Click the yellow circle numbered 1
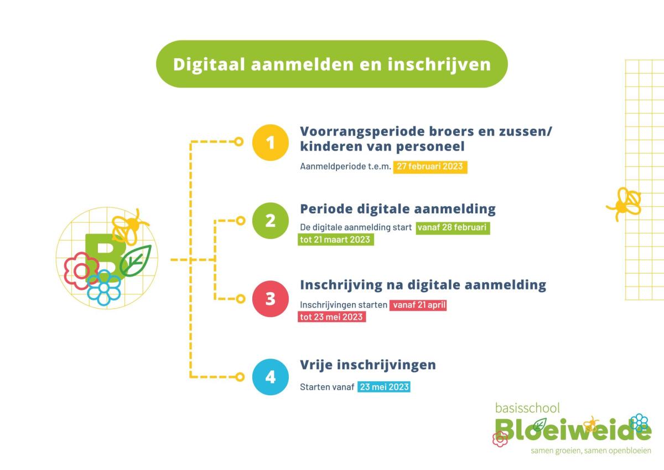point(271,142)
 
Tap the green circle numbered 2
point(271,221)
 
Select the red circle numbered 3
point(271,299)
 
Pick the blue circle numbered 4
point(271,377)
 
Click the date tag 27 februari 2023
point(430,167)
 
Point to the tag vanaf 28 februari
point(453,228)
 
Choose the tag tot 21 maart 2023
point(336,239)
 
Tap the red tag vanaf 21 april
point(418,305)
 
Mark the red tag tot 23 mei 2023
point(331,317)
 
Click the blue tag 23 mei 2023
point(384,387)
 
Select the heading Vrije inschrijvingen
point(368,365)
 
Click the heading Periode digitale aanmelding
point(398,209)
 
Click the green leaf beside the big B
point(136,260)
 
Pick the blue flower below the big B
point(104,288)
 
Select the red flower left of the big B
point(81,271)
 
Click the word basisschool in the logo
point(527,408)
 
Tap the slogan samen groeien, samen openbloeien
point(591,451)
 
